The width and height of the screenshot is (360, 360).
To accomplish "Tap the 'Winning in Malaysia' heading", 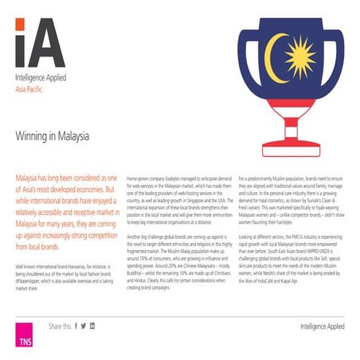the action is (52, 136).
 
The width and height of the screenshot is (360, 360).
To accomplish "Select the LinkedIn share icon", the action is (92, 326).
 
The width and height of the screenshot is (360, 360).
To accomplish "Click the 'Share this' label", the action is (59, 326).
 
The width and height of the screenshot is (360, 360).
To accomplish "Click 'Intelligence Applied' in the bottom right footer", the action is (323, 327).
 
